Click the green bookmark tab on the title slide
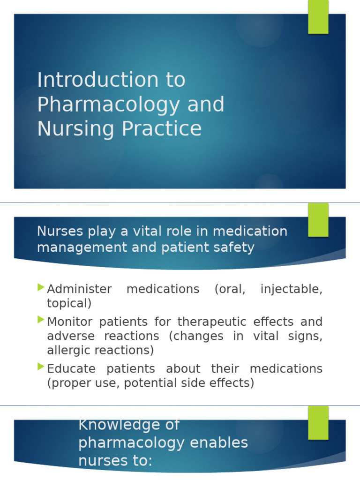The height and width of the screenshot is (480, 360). (318, 16)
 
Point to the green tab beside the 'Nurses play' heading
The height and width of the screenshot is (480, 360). (318, 219)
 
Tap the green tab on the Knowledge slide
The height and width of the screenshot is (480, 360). (318, 422)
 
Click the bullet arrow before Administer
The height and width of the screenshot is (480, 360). (41, 287)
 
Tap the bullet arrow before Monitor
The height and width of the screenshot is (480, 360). (41, 320)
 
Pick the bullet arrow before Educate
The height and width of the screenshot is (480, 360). (41, 367)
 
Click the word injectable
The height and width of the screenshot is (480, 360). (291, 289)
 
